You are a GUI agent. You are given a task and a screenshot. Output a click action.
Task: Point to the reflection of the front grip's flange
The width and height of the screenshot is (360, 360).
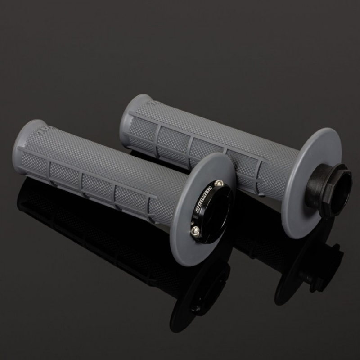[x=198, y=288]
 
